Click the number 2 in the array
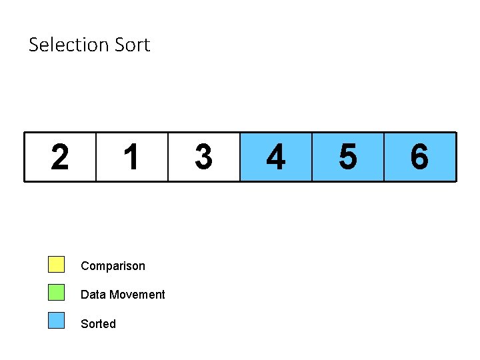[59, 157]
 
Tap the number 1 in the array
[131, 157]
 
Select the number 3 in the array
[203, 157]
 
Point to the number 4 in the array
[275, 157]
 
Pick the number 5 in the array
[347, 157]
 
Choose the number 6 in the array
[419, 157]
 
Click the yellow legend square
[56, 265]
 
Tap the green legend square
[56, 293]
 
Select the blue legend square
[56, 321]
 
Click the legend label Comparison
[113, 266]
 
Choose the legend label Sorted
[98, 324]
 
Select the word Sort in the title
[133, 45]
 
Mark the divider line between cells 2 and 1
[96, 157]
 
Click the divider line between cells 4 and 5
[312, 157]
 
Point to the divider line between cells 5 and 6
[384, 157]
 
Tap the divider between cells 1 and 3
[168, 157]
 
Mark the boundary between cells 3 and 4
[240, 157]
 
